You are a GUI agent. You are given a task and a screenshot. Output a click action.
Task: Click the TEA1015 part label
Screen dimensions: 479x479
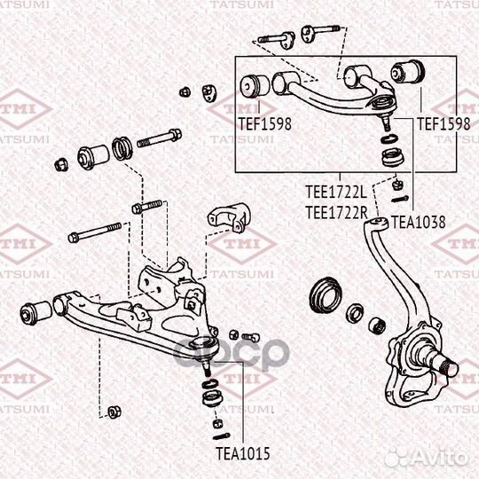coord(243,453)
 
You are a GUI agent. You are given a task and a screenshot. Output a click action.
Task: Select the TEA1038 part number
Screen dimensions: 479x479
coord(418,222)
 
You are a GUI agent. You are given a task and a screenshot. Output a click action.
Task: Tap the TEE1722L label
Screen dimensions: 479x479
coord(336,192)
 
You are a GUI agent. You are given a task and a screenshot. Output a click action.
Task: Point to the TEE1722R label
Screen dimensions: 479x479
coord(336,213)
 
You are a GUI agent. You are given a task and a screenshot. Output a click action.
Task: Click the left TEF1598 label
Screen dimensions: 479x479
coord(265,124)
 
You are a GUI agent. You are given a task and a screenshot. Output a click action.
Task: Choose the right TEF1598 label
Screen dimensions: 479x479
coord(444,124)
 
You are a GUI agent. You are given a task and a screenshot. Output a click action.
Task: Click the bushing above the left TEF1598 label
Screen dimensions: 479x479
coord(255,85)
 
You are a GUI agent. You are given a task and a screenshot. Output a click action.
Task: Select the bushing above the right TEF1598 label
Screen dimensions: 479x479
coord(407,72)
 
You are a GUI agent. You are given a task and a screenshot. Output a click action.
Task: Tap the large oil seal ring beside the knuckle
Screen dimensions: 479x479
coord(326,295)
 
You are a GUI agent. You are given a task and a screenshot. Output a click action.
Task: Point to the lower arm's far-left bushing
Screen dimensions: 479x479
coord(36,311)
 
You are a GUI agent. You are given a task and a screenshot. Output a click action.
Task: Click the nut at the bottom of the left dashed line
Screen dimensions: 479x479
coord(114,412)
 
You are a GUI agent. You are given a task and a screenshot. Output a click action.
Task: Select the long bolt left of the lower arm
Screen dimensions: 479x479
coord(95,232)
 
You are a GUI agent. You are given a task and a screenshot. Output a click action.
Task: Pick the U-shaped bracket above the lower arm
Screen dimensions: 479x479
coord(229,218)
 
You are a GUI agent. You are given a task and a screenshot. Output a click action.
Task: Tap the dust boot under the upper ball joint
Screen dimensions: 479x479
coord(394,157)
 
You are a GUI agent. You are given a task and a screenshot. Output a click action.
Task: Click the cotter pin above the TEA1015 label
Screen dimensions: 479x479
coord(222,436)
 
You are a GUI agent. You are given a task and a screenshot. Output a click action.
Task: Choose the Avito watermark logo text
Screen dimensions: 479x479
coord(427,458)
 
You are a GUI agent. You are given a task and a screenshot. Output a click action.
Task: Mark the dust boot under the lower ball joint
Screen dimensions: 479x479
coord(213,398)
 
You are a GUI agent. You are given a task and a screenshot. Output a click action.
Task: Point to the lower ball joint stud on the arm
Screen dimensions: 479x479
coord(207,368)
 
